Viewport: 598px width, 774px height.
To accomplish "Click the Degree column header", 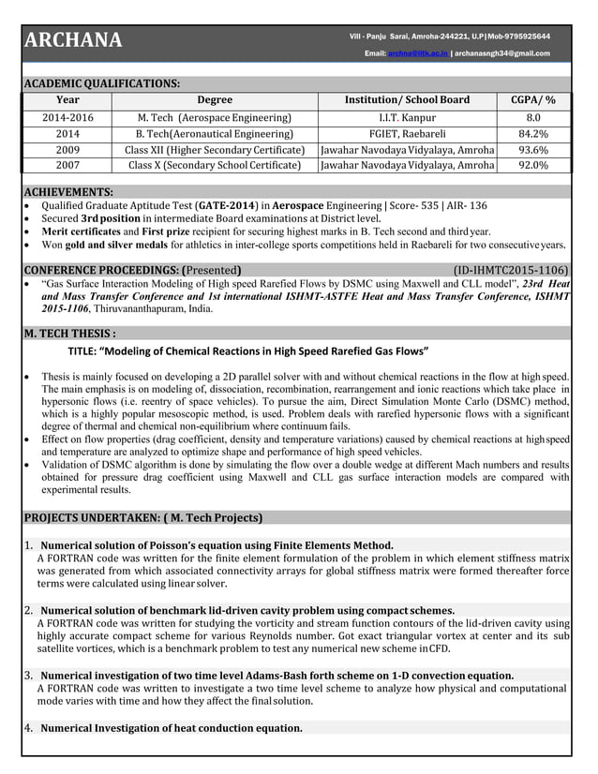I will click(x=215, y=100).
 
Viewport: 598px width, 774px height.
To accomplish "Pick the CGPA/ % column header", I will click(x=532, y=100).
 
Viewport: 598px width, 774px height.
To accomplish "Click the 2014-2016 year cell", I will click(x=67, y=118).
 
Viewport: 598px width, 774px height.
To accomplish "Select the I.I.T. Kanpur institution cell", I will click(x=408, y=118).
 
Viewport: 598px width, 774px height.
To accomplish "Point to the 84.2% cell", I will click(x=532, y=134).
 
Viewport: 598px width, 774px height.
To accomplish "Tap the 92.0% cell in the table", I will click(x=532, y=166).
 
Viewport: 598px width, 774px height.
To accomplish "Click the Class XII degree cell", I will click(x=215, y=150).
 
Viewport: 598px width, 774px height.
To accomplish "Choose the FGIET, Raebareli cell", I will click(x=408, y=134).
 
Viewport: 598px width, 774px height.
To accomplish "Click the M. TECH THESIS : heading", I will click(x=70, y=333).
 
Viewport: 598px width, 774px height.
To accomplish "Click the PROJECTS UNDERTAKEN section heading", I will click(x=143, y=517).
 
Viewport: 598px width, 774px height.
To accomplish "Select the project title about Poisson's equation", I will click(x=217, y=545).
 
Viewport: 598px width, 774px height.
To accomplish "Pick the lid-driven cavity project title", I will click(x=247, y=610).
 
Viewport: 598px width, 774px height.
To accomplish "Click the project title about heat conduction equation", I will click(x=172, y=728).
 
